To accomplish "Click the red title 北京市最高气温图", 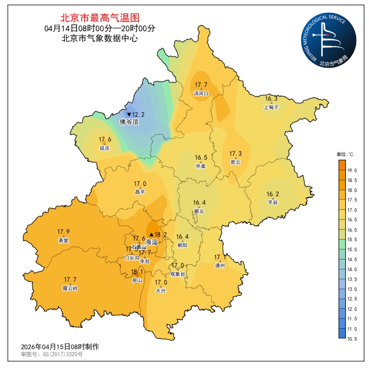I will click(x=100, y=18).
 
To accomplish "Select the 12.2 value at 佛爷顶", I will click(x=138, y=114).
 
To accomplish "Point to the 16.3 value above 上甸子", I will click(x=271, y=99).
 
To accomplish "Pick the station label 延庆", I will click(x=105, y=148).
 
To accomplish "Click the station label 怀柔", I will click(x=201, y=166).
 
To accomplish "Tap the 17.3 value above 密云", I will click(x=236, y=154).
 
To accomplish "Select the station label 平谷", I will click(x=272, y=202).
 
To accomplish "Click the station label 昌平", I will click(x=140, y=192).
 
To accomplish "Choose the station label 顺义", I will click(x=199, y=211).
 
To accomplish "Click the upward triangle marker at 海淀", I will click(x=151, y=235).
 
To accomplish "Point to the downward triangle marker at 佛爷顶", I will click(x=129, y=115).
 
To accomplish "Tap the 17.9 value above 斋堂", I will click(x=63, y=232).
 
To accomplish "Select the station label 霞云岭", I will click(x=70, y=288).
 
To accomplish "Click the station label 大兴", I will click(x=161, y=290).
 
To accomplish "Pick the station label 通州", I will click(x=220, y=265).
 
